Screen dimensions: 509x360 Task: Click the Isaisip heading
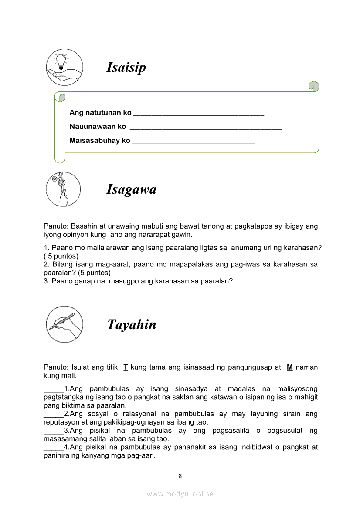coord(126,67)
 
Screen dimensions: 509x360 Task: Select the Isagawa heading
coord(131,189)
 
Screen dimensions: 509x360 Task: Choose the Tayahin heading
coord(132,325)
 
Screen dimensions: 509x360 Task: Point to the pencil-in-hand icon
coord(63,324)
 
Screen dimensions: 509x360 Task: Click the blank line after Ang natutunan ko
coord(198,114)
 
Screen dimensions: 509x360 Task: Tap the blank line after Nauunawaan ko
coord(206,128)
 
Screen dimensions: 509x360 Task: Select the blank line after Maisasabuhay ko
coord(193,142)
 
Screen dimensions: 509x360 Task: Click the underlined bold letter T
coord(126,367)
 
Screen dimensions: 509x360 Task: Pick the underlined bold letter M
coord(289,367)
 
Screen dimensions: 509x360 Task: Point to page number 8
coord(180,476)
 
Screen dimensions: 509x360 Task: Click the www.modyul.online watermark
coord(180,494)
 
